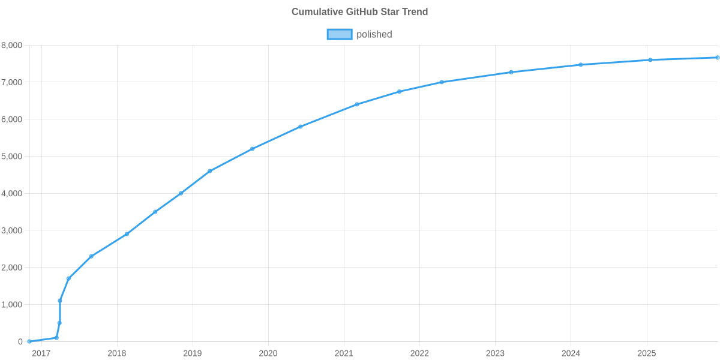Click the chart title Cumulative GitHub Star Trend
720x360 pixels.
tap(359, 12)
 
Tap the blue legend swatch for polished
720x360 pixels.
tap(339, 34)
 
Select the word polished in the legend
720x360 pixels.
tap(374, 34)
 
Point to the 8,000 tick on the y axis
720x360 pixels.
tap(11, 45)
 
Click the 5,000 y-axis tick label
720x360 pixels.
tap(11, 157)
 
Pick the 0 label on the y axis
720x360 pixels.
tap(20, 342)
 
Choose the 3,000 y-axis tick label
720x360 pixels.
tap(11, 230)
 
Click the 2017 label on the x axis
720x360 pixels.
tap(41, 353)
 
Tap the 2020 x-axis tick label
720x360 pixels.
tap(268, 353)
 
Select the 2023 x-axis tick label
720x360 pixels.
tap(495, 353)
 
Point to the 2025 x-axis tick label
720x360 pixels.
tap(646, 353)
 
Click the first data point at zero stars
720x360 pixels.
tap(29, 341)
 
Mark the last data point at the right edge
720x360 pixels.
tap(717, 58)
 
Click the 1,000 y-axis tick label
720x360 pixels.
tap(11, 305)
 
